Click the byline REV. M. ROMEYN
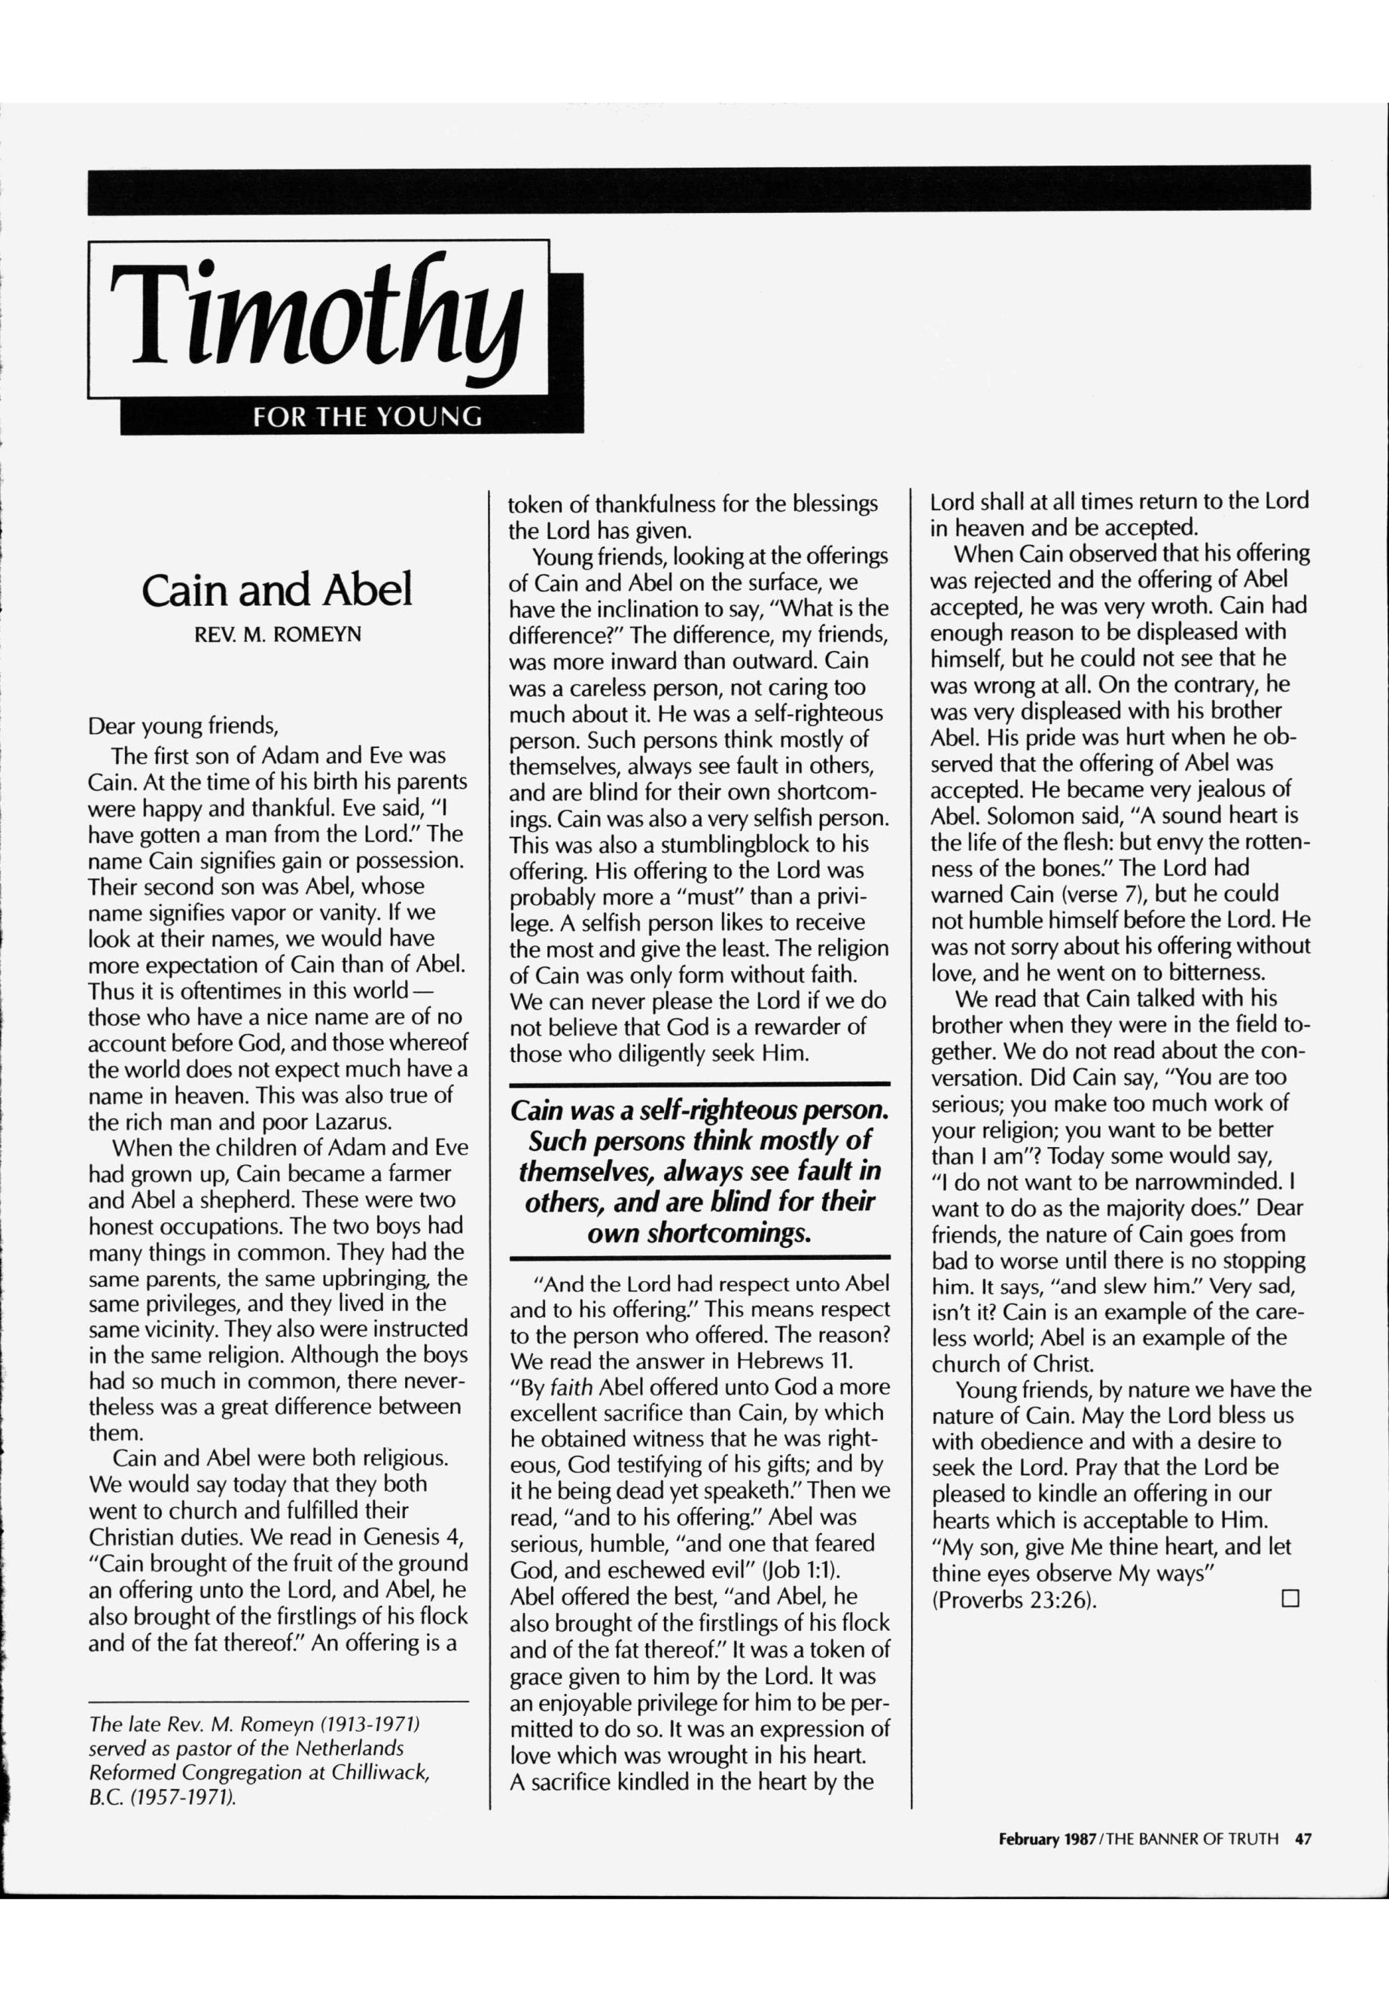(x=277, y=634)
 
